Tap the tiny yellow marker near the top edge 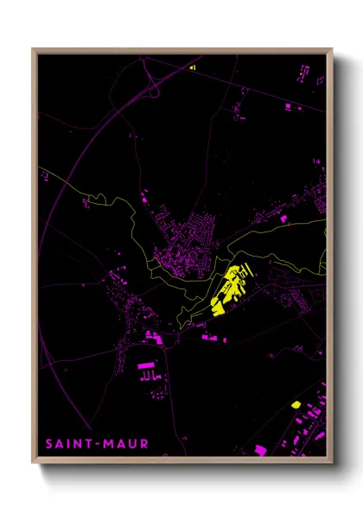193,66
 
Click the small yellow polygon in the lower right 296,403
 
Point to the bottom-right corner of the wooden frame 331,462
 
